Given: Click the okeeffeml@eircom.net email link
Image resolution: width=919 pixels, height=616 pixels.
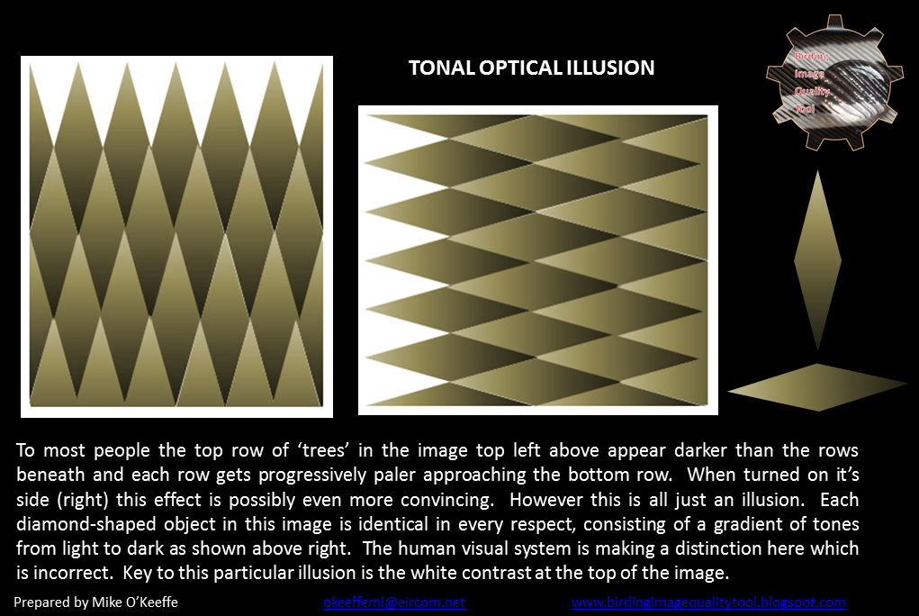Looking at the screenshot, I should pos(394,602).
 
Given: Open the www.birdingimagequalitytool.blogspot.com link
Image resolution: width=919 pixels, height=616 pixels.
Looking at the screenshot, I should pos(708,602).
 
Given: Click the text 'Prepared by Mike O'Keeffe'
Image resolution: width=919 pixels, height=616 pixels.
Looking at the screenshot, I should pos(96,602).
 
